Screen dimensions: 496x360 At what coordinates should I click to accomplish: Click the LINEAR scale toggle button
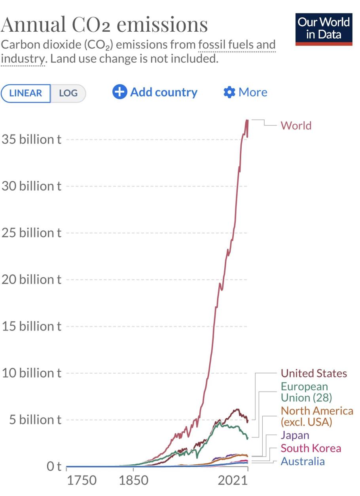pos(26,93)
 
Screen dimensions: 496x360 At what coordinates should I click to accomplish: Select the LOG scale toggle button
pos(68,93)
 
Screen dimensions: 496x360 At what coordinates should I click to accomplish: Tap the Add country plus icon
pos(119,92)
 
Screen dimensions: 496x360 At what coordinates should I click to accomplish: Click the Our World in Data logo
pos(324,29)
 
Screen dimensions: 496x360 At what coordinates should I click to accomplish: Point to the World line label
pos(296,125)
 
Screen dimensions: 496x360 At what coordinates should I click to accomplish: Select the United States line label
pos(314,373)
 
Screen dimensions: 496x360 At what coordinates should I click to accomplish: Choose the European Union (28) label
pos(306,391)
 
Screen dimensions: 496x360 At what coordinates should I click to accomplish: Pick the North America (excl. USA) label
pos(316,416)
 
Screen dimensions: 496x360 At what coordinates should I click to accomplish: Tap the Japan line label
pos(295,435)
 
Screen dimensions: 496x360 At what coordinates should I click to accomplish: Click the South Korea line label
pos(311,448)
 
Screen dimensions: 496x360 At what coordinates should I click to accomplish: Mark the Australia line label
pos(303,461)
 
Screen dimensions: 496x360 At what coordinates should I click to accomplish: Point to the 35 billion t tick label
pos(32,139)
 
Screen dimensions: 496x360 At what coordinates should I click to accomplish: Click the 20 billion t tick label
pos(32,279)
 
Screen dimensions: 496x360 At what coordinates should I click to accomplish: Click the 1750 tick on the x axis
pos(81,481)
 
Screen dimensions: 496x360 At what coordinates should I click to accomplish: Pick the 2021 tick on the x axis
pos(232,481)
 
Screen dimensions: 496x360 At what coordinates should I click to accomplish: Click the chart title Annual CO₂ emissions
pos(104,25)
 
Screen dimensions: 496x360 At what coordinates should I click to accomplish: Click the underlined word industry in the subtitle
pos(22,59)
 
